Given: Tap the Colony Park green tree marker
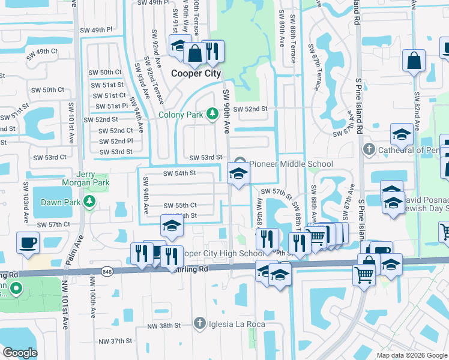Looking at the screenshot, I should (211, 113).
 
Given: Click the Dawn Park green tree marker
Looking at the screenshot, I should (89, 200).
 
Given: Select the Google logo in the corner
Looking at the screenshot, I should (20, 352).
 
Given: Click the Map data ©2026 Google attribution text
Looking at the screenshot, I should (412, 355).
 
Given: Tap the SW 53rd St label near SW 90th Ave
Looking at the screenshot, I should (206, 158).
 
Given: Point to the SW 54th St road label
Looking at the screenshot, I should (180, 173).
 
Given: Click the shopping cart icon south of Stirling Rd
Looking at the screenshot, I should (364, 276).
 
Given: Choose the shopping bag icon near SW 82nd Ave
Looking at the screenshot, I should (414, 61).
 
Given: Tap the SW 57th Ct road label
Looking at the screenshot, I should (54, 224).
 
